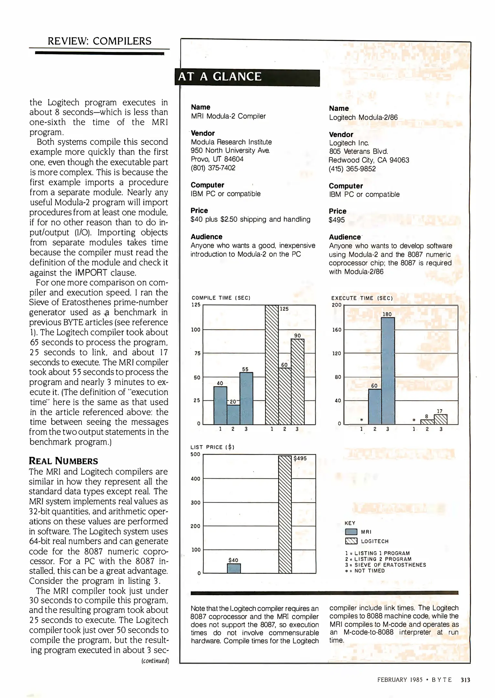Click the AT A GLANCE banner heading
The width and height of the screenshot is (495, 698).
click(220, 77)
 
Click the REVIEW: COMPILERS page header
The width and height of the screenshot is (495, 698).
click(100, 41)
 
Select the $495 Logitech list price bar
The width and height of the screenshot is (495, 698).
click(285, 514)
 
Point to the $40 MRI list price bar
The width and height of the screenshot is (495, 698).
click(234, 568)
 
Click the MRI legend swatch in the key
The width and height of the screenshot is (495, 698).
click(351, 532)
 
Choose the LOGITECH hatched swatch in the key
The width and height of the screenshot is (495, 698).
click(351, 541)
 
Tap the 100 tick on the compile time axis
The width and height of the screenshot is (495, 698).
click(196, 330)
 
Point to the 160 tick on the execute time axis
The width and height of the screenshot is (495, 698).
click(337, 330)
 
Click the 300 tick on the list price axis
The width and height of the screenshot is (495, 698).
click(195, 502)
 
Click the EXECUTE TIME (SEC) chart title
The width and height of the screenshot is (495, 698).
click(362, 298)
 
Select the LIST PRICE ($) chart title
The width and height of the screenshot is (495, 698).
click(212, 447)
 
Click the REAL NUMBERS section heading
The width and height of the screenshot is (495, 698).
click(63, 461)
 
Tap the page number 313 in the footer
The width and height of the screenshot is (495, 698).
click(465, 680)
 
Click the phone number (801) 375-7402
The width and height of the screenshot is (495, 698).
click(213, 168)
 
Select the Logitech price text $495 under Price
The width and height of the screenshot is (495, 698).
click(337, 220)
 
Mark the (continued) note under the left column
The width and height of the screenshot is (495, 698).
click(155, 661)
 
